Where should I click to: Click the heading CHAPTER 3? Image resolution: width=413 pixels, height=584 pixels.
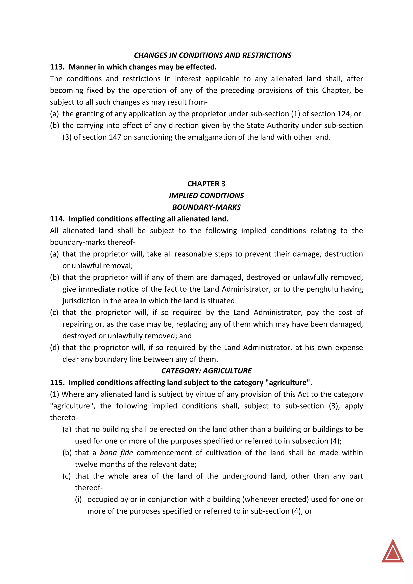[206, 184]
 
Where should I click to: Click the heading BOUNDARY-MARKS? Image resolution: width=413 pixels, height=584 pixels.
[206, 207]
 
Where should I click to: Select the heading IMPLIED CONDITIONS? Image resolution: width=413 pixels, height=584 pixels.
[206, 196]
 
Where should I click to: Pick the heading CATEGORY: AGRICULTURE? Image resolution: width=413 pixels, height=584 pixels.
[206, 371]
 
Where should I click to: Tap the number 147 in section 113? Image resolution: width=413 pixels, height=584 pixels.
[115, 137]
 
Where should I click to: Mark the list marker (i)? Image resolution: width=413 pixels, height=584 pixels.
[78, 500]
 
